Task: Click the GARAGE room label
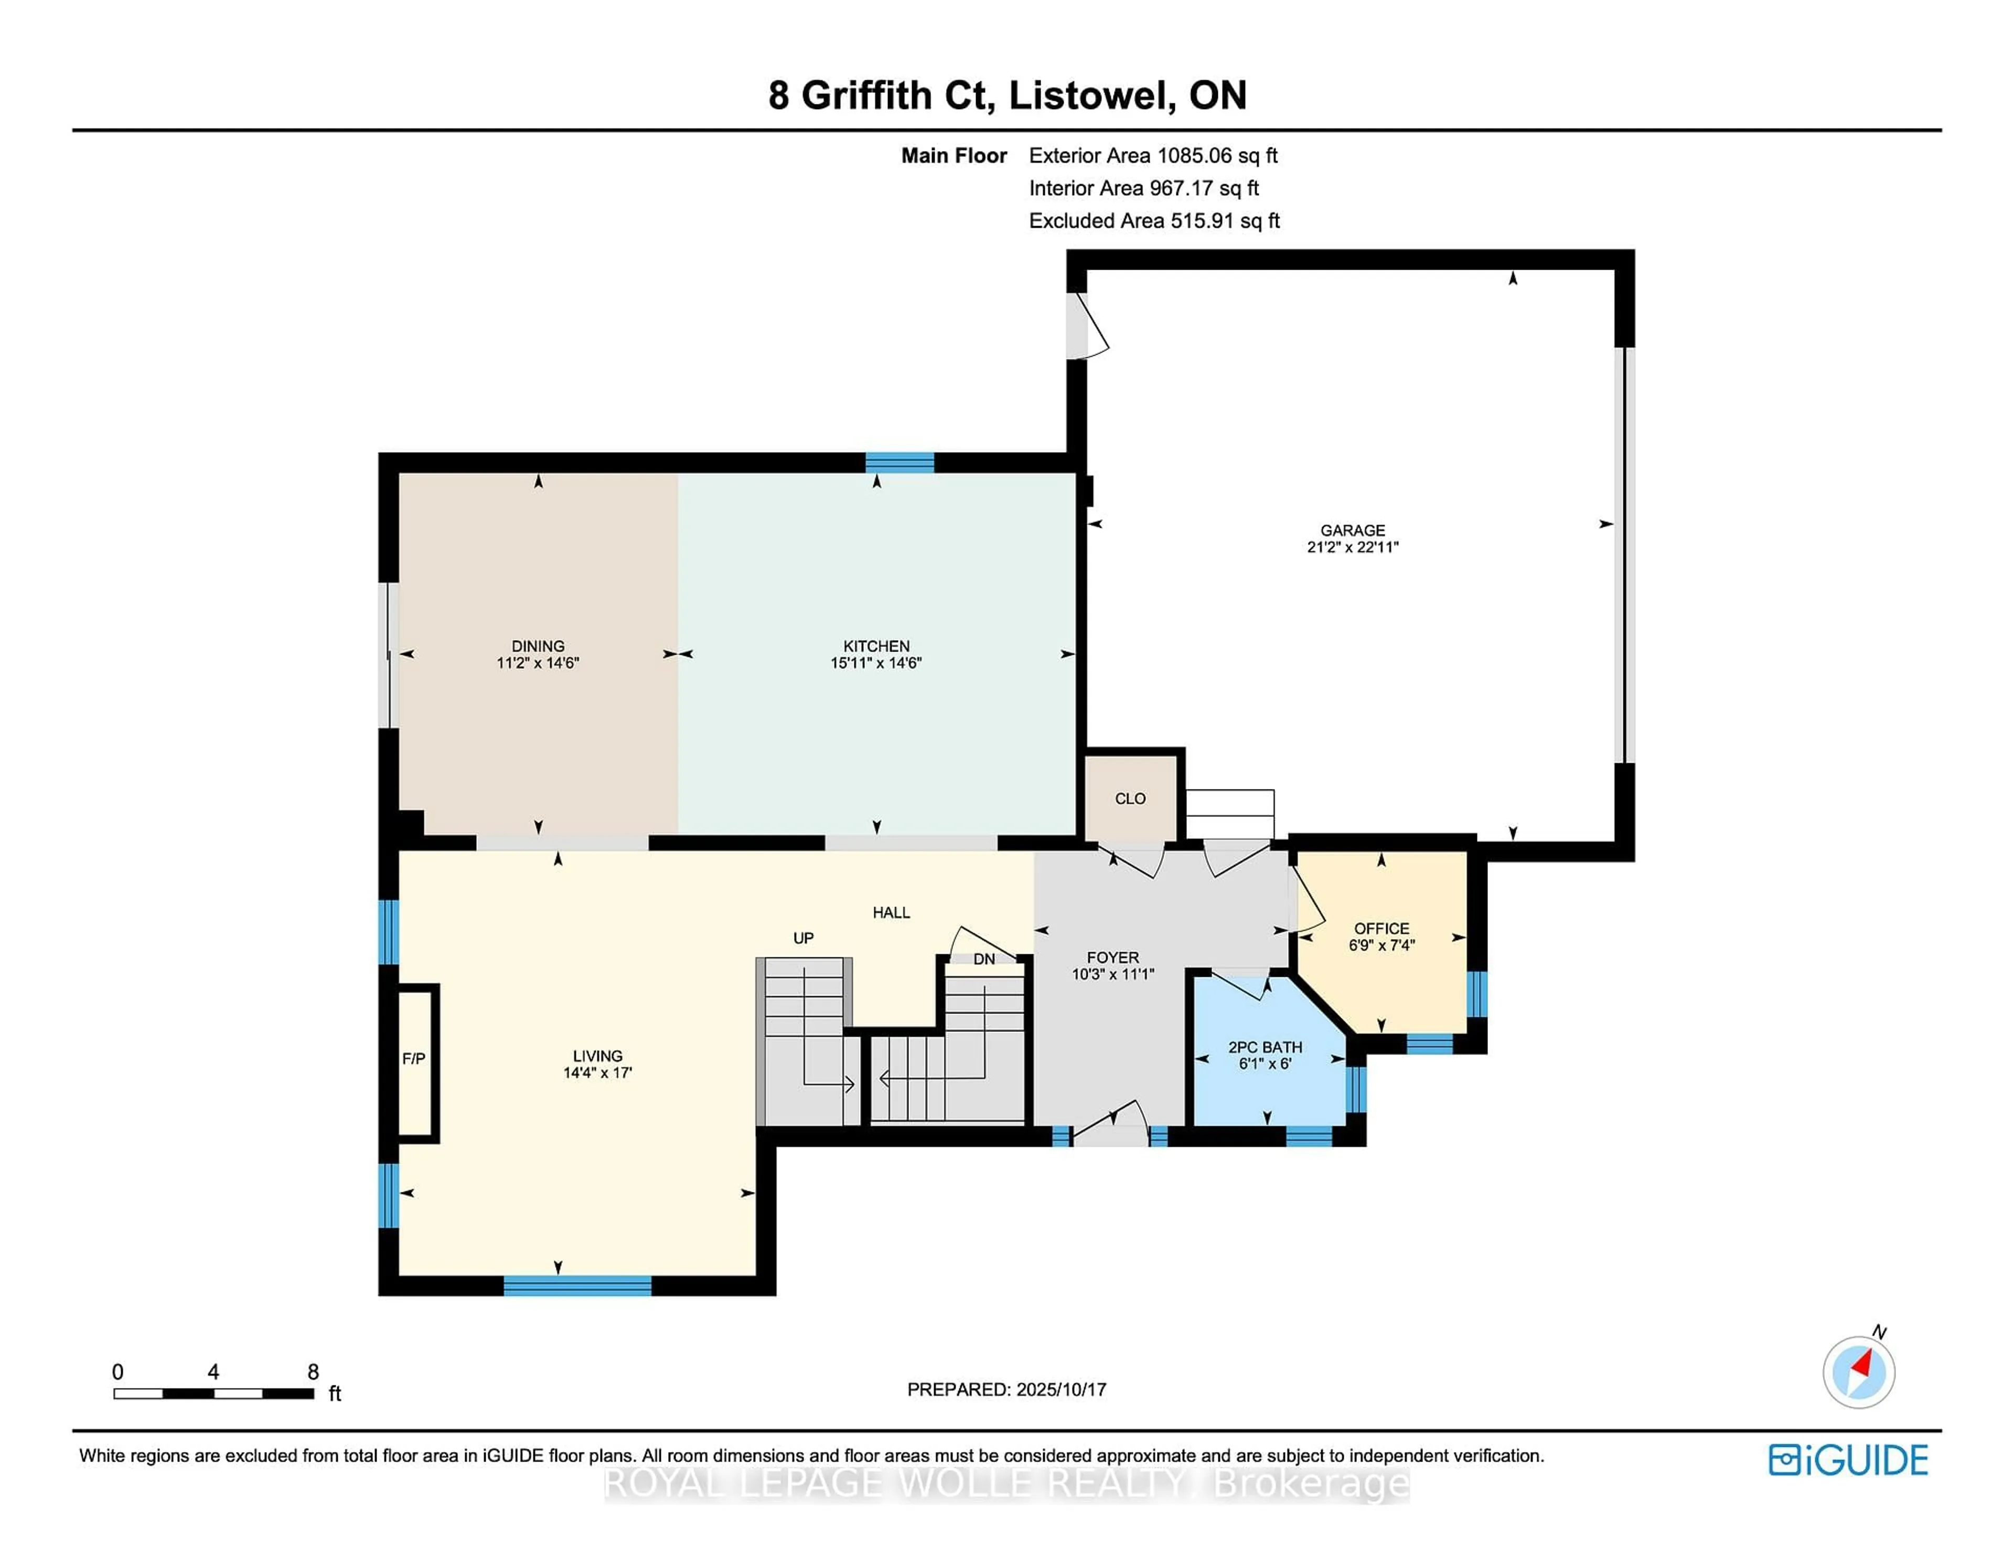(x=1352, y=530)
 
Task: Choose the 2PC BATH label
(x=1265, y=1047)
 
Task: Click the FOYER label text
(x=1112, y=957)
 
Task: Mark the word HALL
(x=891, y=912)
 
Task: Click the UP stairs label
(x=803, y=938)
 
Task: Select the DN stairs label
(x=984, y=959)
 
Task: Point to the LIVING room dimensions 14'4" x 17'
(x=597, y=1073)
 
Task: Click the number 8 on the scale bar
(x=313, y=1372)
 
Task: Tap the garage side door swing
(x=1088, y=326)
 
